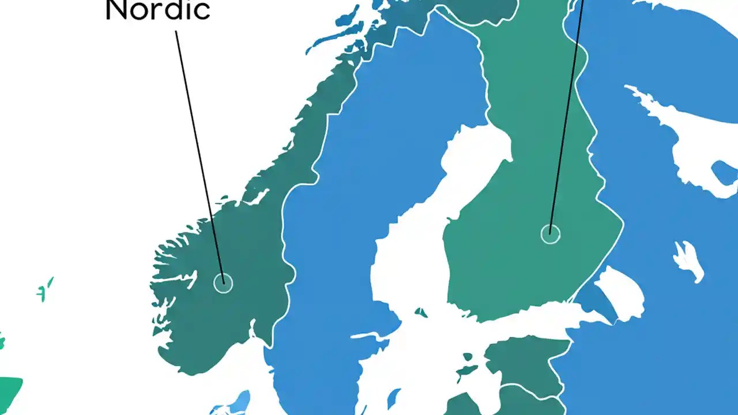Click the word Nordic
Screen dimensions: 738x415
[157, 10]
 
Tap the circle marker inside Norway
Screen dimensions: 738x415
[223, 283]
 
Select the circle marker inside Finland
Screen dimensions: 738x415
[550, 234]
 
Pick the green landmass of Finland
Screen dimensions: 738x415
[519, 190]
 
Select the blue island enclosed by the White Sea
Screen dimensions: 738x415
[724, 172]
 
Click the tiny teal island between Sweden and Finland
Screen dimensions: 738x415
[421, 313]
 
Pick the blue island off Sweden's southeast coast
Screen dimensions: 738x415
[394, 398]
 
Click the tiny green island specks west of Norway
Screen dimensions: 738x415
[45, 289]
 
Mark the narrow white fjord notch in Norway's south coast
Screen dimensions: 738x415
[253, 329]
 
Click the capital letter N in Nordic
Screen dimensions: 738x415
[118, 10]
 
